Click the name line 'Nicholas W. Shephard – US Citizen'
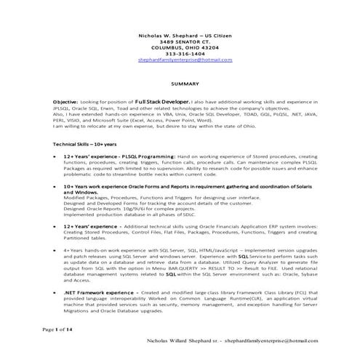(186, 35)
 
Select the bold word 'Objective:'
(65, 103)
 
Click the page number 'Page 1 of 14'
(57, 330)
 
